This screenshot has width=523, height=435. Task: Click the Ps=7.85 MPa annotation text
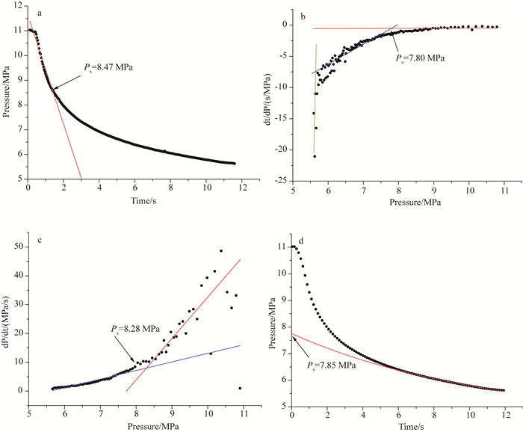(334, 365)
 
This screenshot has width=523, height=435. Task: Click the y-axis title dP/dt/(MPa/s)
(10, 321)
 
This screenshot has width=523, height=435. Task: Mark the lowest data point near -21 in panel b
(315, 156)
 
